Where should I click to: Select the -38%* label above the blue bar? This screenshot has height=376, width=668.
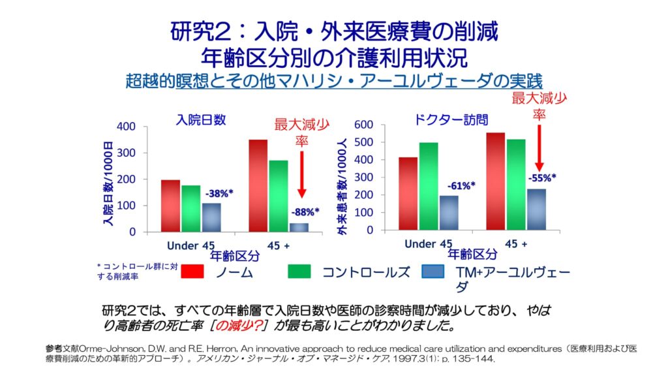[x=220, y=194]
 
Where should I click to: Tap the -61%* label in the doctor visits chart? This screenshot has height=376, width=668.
[x=461, y=185]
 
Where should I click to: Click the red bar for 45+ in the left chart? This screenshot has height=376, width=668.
[x=258, y=185]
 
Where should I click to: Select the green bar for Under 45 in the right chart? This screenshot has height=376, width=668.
[x=429, y=187]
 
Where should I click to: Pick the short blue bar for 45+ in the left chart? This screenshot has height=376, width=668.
[x=299, y=227]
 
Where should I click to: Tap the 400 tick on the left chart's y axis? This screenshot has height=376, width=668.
[x=127, y=126]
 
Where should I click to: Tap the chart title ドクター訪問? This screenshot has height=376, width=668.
[x=451, y=119]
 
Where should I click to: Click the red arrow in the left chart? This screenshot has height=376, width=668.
[x=302, y=173]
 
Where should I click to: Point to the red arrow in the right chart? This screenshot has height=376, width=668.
[x=539, y=147]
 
